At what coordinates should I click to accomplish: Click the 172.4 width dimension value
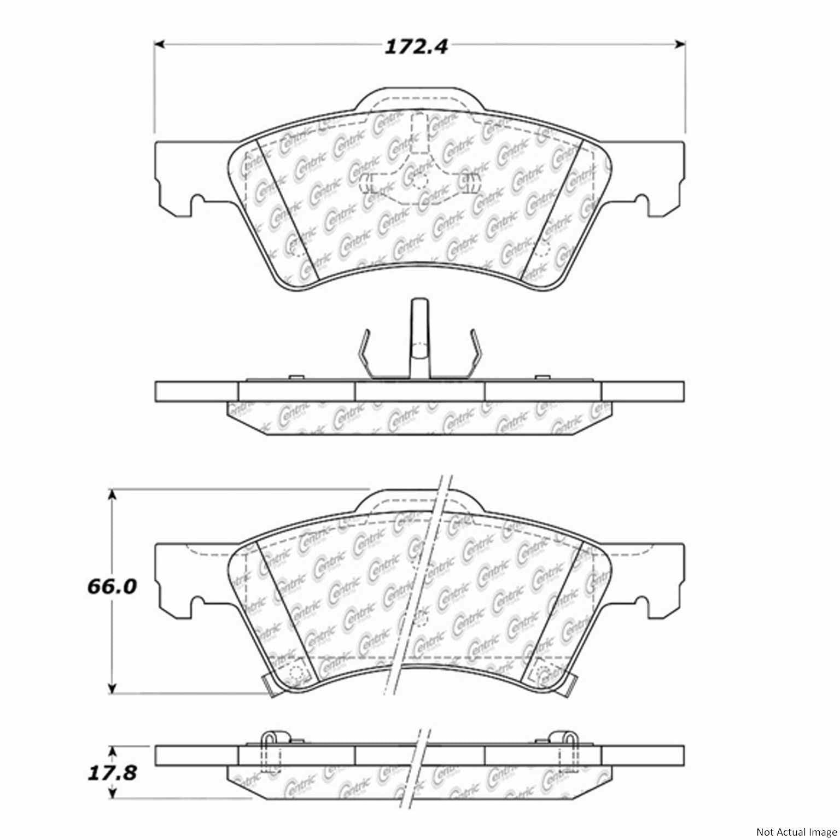pos(416,47)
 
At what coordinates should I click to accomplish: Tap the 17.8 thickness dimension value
pos(112,774)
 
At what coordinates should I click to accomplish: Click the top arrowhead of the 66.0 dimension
pos(113,494)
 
